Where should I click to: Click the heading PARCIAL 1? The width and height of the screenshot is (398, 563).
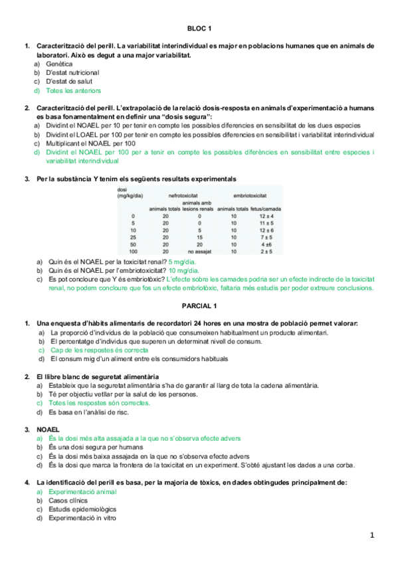coord(199,306)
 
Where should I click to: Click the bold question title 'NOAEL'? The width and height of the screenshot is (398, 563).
coord(47,430)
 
